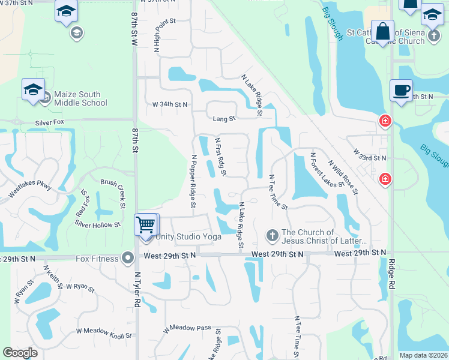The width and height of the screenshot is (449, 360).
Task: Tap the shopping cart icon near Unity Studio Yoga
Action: pyautogui.click(x=146, y=226)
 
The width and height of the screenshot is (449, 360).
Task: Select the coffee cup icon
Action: pyautogui.click(x=402, y=91)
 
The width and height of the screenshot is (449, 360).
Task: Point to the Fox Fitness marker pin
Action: pyautogui.click(x=127, y=258)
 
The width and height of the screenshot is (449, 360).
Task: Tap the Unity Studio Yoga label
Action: pyautogui.click(x=188, y=237)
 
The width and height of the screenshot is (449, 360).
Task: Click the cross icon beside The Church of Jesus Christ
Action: pyautogui.click(x=272, y=235)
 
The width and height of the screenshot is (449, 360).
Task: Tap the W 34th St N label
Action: pyautogui.click(x=170, y=104)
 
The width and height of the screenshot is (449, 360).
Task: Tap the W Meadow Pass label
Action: pyautogui.click(x=187, y=328)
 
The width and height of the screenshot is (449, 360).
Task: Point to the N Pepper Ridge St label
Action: pyautogui.click(x=193, y=182)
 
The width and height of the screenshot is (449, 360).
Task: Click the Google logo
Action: pyautogui.click(x=20, y=353)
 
